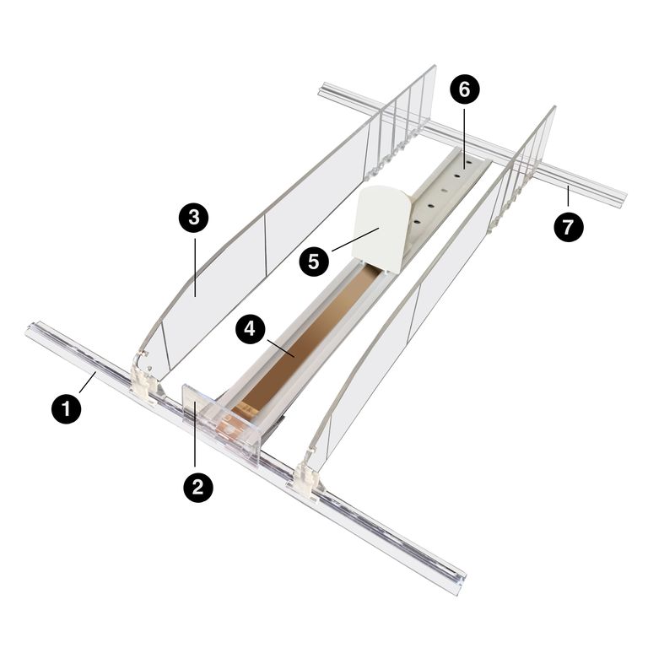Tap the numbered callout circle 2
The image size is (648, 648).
coord(197,489)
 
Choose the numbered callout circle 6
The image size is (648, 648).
coord(464,87)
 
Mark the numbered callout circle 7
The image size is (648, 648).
coord(568,226)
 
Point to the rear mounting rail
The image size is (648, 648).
coord(472,143)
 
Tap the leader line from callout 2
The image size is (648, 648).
coord(197,439)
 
